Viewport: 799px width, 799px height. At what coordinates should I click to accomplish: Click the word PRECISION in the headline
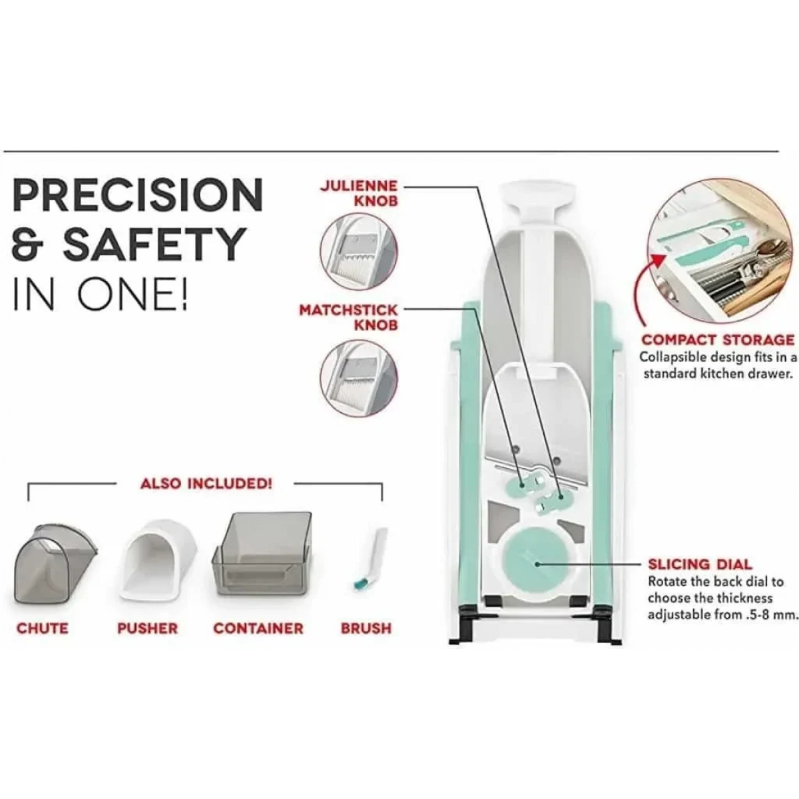138,194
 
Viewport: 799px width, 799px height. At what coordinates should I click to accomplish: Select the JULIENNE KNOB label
359,193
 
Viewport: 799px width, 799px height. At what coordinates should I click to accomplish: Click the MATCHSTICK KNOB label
348,318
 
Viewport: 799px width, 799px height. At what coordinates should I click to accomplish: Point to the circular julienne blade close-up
359,252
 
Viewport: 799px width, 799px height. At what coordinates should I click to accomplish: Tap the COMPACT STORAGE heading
718,340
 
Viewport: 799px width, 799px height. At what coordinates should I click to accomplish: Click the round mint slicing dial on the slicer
535,563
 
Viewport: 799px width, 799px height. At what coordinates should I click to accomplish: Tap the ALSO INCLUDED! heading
206,483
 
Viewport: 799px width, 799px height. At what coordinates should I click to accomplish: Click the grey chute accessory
55,562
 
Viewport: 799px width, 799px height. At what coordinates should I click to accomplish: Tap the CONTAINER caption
258,628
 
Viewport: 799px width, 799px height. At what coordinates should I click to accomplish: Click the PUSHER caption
148,628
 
